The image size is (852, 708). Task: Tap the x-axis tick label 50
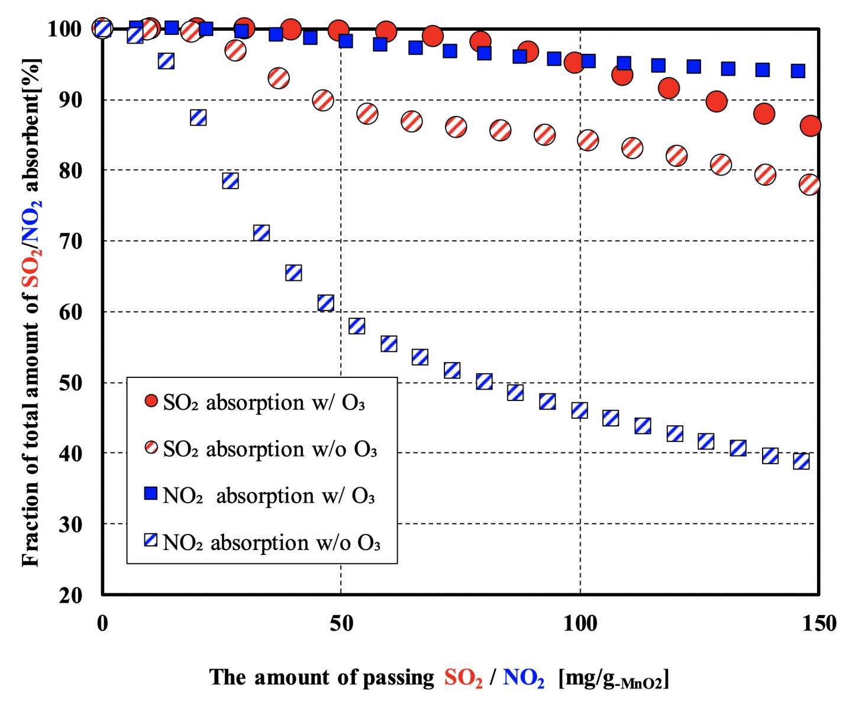pos(340,623)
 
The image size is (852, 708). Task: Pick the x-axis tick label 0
pos(102,623)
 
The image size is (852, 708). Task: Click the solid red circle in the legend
pos(151,402)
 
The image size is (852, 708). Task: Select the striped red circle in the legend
pos(151,449)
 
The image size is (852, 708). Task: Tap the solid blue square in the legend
pos(151,493)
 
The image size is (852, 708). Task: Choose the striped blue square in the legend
pos(151,540)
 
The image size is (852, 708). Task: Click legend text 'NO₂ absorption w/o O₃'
pos(271,542)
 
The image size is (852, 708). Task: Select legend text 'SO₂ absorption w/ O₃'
pos(263,403)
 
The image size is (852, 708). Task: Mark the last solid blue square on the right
pos(798,71)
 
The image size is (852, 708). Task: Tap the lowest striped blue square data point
pos(801,461)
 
